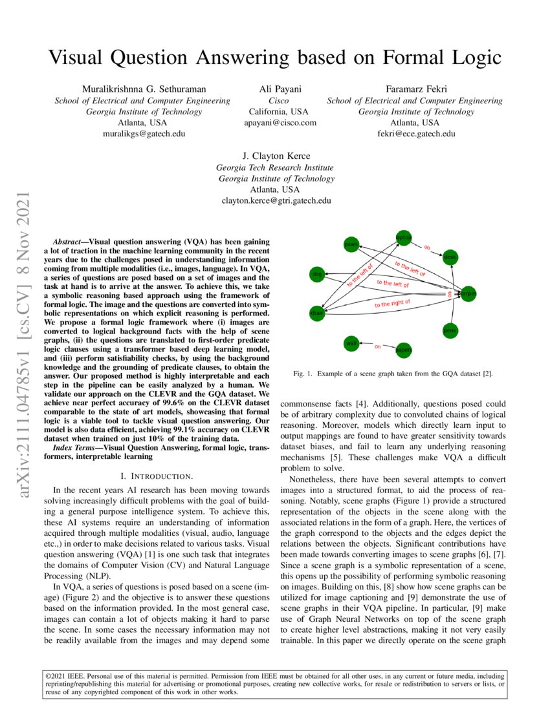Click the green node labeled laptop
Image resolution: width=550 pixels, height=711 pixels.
[403, 238]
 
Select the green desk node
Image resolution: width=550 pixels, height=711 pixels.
[450, 257]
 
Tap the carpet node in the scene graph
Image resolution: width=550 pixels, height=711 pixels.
[468, 293]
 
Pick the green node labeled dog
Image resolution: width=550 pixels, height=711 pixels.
[316, 275]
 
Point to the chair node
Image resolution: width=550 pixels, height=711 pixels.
[316, 313]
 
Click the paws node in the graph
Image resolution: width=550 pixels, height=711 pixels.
[351, 245]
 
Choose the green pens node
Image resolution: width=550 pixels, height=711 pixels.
[450, 330]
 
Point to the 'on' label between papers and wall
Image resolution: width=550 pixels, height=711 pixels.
[378, 346]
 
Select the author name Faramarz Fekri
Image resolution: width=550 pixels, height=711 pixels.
[415, 89]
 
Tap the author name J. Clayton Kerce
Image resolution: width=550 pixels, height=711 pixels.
[276, 156]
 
